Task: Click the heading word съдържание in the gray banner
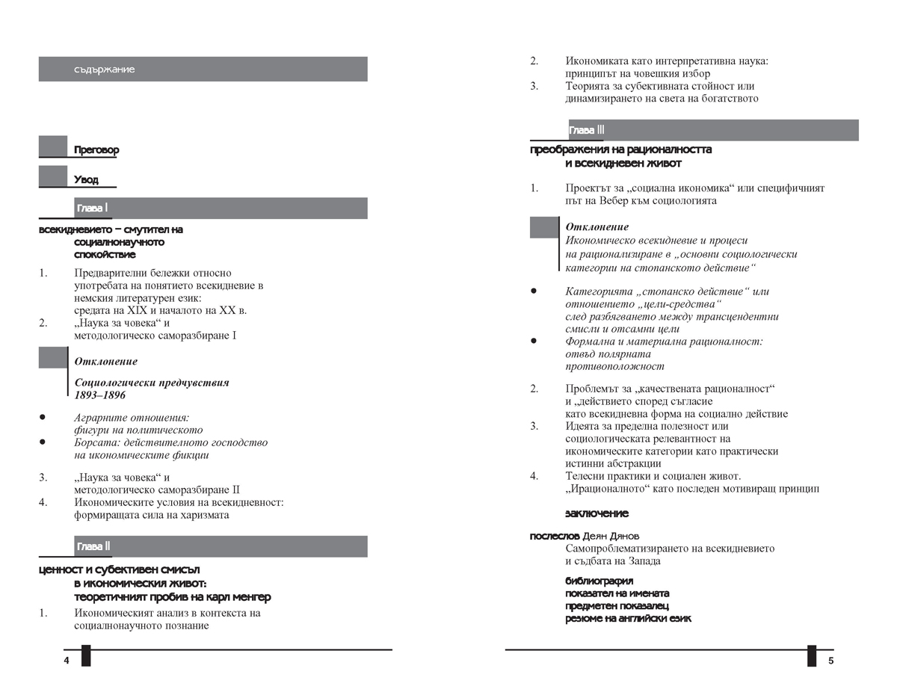pos(105,69)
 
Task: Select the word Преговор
pos(96,150)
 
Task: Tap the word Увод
pos(86,179)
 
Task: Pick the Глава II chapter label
pos(93,547)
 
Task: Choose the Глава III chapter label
pos(587,131)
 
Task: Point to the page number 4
pos(67,661)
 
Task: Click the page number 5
pos(830,661)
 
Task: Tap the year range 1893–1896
pos(99,395)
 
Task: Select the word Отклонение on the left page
pos(106,362)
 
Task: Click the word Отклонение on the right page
pos(597,227)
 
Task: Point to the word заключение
pos(597,513)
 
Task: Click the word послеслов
pos(554,536)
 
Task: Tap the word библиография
pos(599,581)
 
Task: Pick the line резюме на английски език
pos(628,619)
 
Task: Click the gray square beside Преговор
pos(53,146)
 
